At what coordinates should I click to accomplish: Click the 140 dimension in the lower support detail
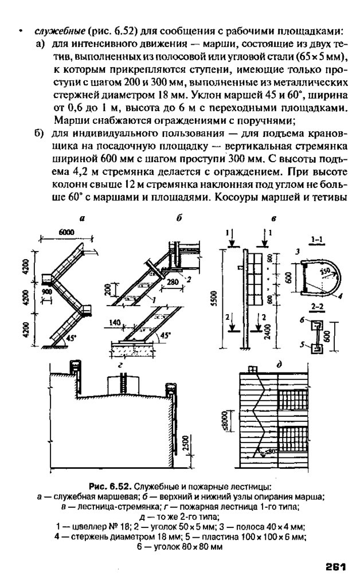pyautogui.click(x=116, y=324)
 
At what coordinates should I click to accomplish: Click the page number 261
pyautogui.click(x=335, y=567)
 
